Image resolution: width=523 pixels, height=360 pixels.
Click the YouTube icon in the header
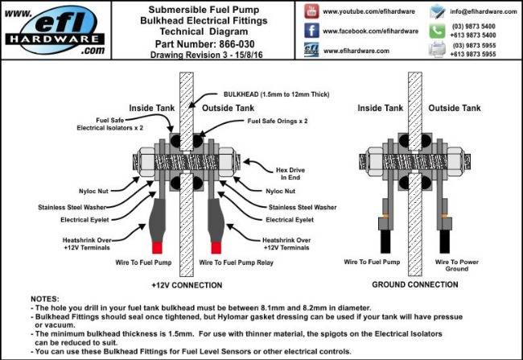(x=311, y=12)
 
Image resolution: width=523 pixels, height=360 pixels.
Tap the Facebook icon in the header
(x=311, y=31)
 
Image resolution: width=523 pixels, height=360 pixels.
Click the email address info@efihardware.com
(x=483, y=12)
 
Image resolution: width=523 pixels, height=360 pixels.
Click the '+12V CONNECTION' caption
(x=188, y=286)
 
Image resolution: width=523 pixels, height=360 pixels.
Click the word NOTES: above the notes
(x=47, y=299)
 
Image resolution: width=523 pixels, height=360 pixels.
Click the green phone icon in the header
(x=438, y=31)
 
